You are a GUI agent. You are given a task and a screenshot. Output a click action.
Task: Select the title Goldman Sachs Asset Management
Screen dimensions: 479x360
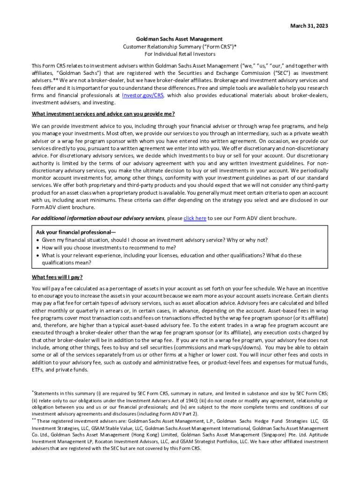point(180,39)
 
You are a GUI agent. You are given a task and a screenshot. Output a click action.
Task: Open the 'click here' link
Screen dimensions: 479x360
point(194,218)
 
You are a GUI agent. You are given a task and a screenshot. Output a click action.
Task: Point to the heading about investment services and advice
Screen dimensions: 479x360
point(103,114)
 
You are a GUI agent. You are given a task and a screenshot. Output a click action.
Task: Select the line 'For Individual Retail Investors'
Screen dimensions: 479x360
point(180,54)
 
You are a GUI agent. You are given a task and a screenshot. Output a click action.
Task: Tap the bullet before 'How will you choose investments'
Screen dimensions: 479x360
point(37,248)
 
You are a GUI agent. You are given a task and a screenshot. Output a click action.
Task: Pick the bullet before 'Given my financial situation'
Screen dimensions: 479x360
point(37,240)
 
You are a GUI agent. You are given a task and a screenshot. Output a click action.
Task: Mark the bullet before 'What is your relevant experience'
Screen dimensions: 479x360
point(37,255)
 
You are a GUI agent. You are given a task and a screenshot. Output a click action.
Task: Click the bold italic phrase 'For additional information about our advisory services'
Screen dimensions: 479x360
point(98,218)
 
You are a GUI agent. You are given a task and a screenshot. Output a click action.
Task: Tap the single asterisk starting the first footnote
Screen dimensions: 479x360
point(32,392)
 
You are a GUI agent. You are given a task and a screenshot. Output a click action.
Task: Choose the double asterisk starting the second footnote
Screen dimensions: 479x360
point(34,419)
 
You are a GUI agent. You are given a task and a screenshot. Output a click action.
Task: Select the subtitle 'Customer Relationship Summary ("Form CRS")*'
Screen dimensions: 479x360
point(180,46)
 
